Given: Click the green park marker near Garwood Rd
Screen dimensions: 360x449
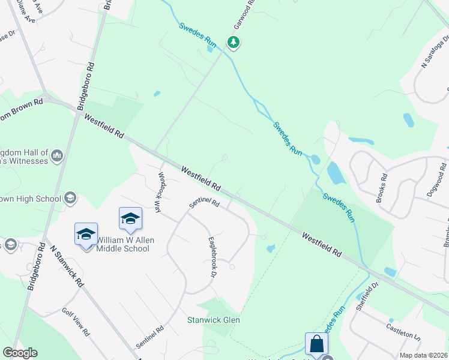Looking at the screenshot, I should (234, 42).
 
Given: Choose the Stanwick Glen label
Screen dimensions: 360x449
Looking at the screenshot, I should (214, 320).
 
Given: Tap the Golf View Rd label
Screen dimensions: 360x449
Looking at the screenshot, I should (75, 322).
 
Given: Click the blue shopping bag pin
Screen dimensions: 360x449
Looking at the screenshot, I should (316, 345).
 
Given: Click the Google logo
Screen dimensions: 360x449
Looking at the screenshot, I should (20, 353).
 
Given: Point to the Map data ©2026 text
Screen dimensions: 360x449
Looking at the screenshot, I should (423, 355).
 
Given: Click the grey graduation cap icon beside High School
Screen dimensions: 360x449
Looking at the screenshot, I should (70, 198).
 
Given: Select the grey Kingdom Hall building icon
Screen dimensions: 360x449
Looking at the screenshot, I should (58, 156).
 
